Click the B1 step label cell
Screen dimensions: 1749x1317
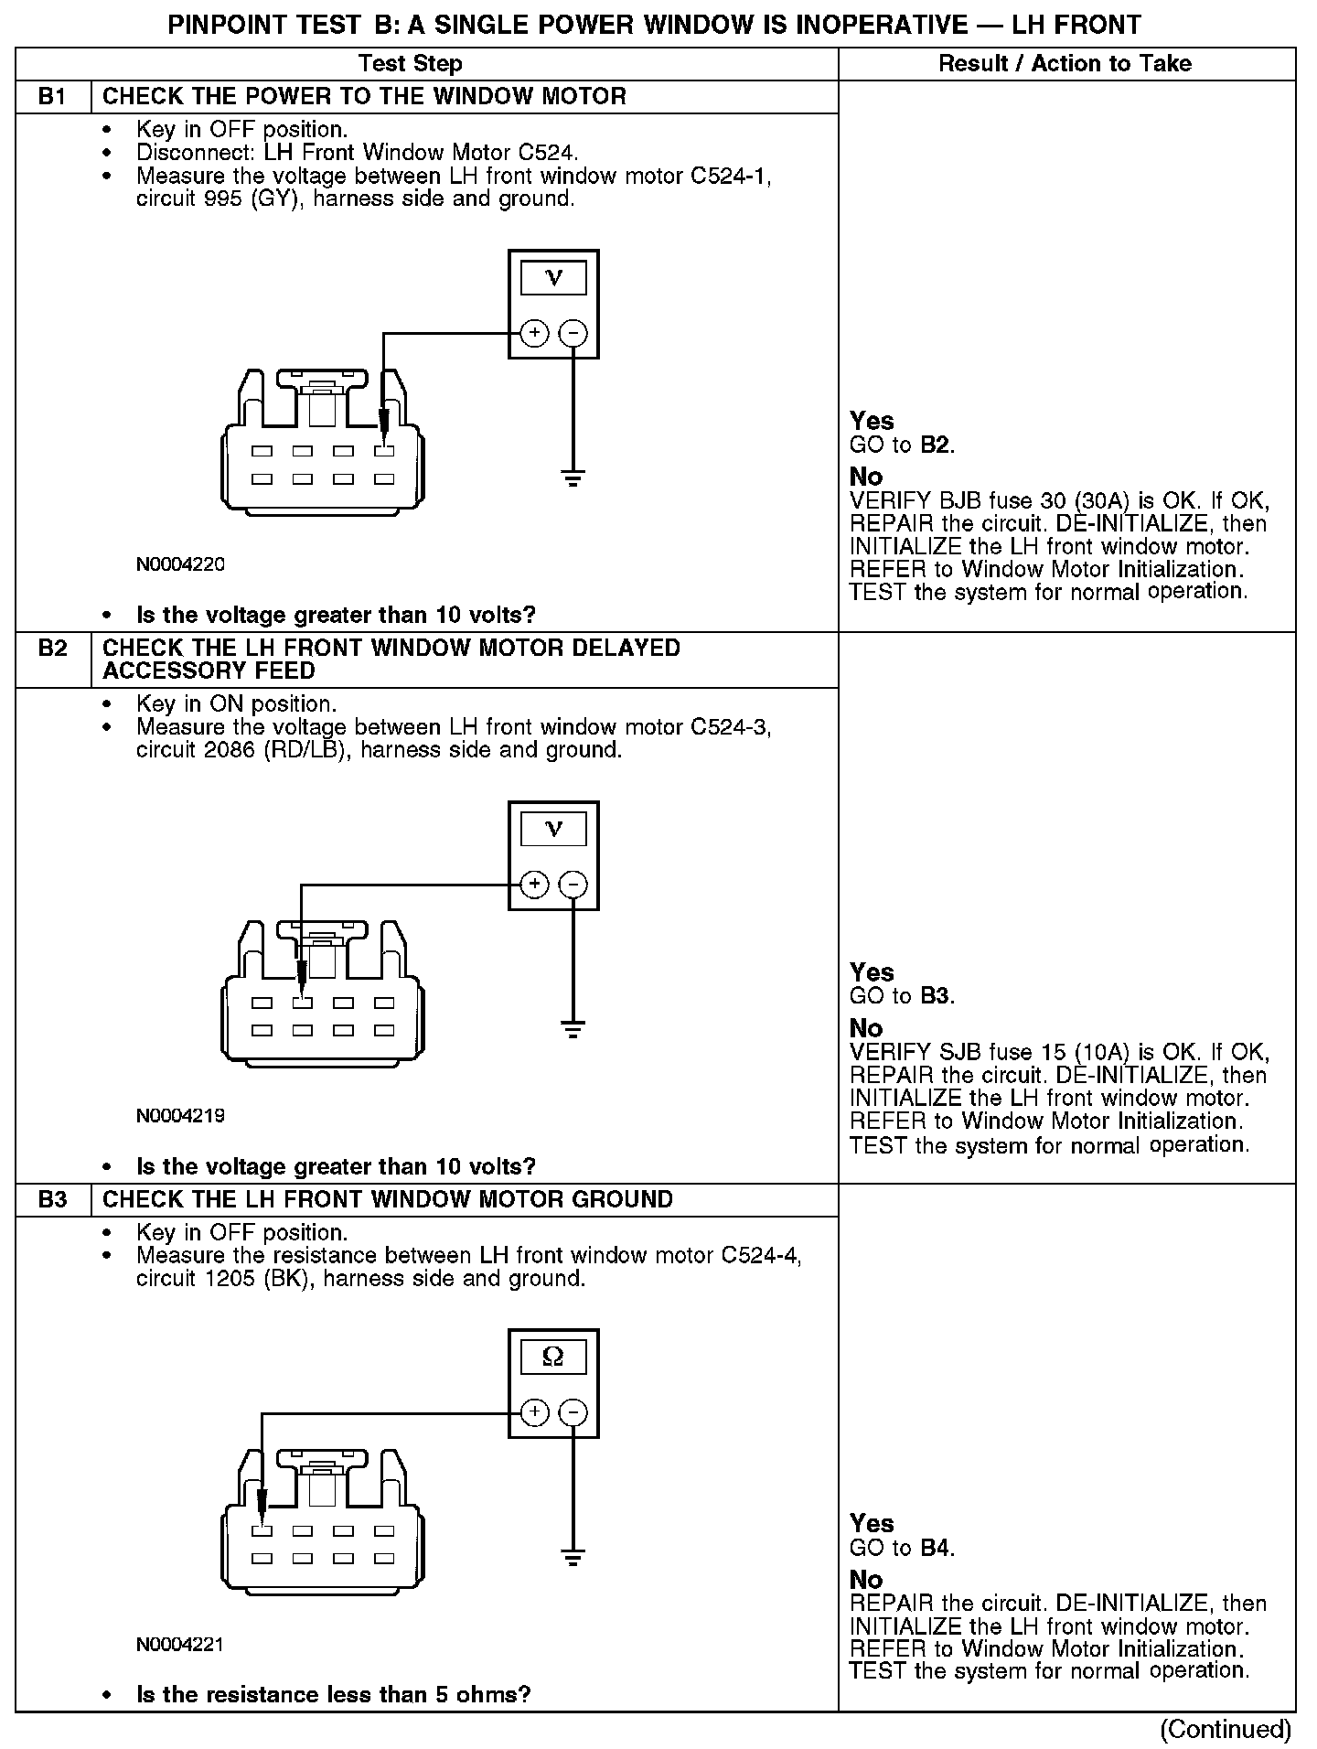pos(53,97)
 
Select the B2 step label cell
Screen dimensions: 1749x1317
pos(53,649)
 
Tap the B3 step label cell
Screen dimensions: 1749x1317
pos(53,1199)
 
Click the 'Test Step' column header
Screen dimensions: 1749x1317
pos(410,63)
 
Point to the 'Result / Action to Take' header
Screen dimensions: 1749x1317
pos(1065,63)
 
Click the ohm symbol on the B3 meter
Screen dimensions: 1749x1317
pos(553,1357)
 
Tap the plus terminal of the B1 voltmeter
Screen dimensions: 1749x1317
pos(534,333)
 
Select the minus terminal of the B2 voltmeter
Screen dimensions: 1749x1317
pos(573,885)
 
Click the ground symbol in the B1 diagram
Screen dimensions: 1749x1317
pos(573,477)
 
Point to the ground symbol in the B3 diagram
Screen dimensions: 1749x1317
pos(573,1557)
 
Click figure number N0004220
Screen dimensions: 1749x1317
pos(180,564)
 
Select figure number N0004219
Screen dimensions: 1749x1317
pos(180,1116)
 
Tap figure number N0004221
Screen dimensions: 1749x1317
pos(180,1644)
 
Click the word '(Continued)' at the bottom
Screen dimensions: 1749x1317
pos(1225,1730)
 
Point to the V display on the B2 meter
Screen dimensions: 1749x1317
pos(553,829)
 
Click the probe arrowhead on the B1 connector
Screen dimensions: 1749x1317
pos(384,423)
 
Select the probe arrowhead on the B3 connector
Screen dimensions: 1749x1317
pos(262,1504)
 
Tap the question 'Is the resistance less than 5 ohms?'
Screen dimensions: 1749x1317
pos(333,1694)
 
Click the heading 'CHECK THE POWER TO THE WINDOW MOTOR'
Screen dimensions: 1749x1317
pos(364,97)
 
